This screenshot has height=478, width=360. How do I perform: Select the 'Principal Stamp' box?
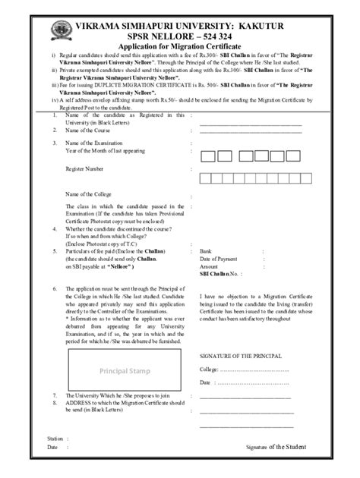click(x=125, y=370)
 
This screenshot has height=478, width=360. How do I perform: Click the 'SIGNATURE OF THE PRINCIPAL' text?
click(x=241, y=355)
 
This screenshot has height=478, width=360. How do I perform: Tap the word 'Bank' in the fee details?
click(x=206, y=250)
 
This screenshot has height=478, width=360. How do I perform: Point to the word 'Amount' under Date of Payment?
click(x=209, y=266)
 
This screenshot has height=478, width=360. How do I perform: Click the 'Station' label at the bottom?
click(x=54, y=439)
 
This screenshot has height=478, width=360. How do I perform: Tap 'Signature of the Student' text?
click(x=275, y=448)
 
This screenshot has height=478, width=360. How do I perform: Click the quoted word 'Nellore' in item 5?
click(x=120, y=267)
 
